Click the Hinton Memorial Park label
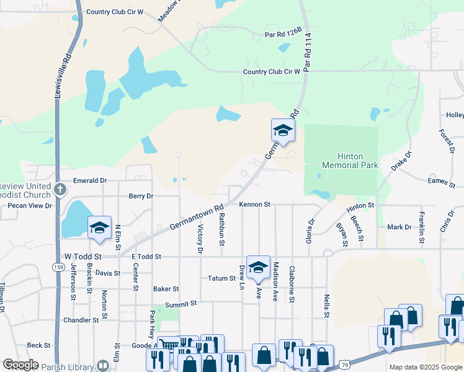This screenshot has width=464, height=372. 350,161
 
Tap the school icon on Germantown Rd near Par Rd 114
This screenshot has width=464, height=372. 283,131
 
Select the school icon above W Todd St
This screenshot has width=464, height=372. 99,228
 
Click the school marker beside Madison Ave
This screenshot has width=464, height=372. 258,267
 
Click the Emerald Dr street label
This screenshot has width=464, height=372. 90,180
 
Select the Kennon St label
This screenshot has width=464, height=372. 255,204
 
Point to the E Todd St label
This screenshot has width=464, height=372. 146,256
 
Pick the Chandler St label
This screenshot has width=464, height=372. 81,321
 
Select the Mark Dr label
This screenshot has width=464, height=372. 399,227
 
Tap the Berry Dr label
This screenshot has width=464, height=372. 141,196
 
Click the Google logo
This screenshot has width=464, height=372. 20,364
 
